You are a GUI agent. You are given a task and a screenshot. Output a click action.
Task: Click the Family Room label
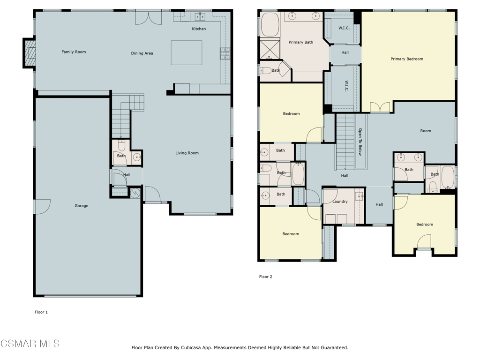[x=74, y=52]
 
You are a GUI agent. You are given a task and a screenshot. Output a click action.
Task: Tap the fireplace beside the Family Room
[x=30, y=53]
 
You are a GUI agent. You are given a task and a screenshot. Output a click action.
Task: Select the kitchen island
[x=187, y=52]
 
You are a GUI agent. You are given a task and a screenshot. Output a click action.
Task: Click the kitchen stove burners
[x=225, y=53]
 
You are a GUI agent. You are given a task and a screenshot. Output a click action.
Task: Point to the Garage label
[x=82, y=206]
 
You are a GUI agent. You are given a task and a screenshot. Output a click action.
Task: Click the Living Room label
[x=187, y=153]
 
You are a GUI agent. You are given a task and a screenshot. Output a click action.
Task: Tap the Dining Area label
[x=142, y=53]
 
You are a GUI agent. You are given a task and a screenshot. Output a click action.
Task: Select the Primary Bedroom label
[x=407, y=59]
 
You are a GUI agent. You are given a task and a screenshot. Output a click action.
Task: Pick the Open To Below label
[x=360, y=142]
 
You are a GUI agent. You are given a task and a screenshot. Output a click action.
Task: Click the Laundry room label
[x=340, y=202]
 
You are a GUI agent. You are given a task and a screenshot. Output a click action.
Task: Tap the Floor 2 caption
[x=265, y=277]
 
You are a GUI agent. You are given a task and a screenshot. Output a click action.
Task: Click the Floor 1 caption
[x=41, y=312]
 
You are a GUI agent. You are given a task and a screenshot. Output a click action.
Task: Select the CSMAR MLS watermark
[x=30, y=344]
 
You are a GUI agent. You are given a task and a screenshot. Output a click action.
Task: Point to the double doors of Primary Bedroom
[x=380, y=107]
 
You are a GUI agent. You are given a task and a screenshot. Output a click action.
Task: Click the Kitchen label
[x=199, y=29]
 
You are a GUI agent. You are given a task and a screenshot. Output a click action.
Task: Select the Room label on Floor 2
[x=426, y=131]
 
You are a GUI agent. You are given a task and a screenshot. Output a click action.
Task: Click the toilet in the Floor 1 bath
[x=121, y=145]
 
